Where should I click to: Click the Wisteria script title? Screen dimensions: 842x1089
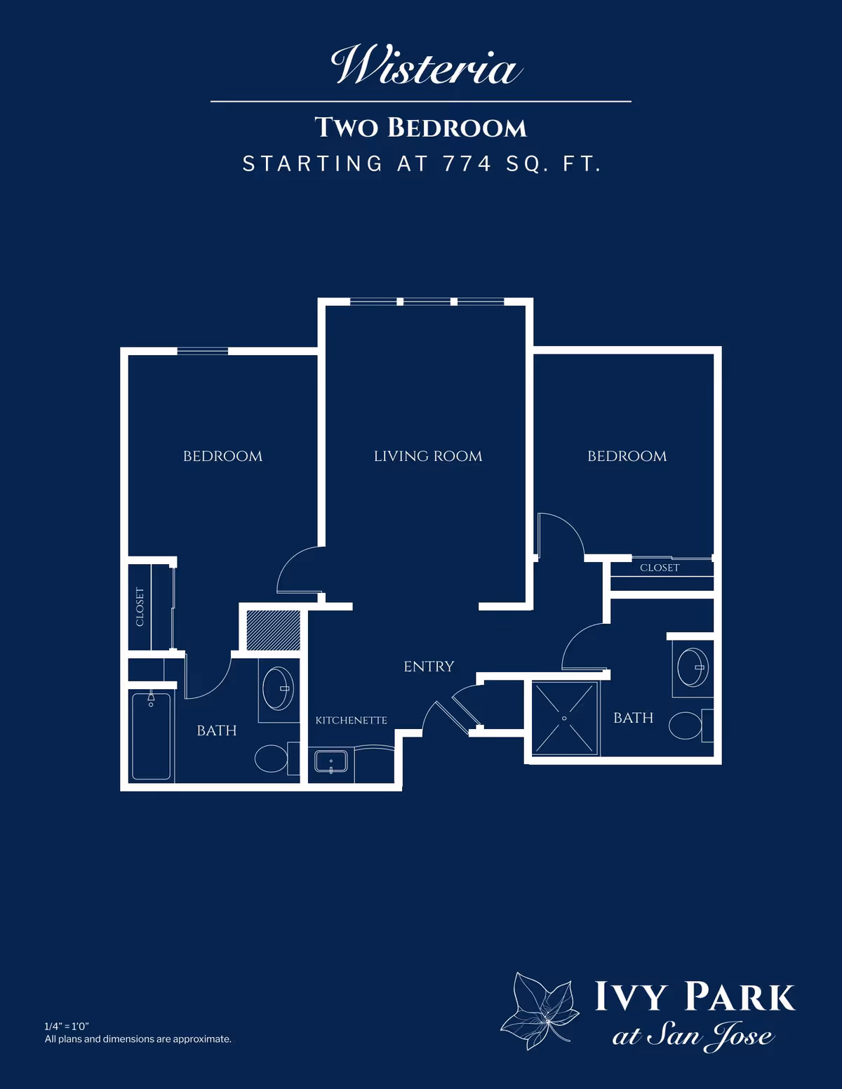[427, 65]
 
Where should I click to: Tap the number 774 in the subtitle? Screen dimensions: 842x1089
[467, 164]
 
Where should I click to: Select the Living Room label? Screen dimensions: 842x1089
[428, 456]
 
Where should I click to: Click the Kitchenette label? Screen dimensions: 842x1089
[351, 720]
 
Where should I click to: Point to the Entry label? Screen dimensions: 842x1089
[429, 667]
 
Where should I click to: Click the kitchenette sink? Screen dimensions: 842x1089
[331, 762]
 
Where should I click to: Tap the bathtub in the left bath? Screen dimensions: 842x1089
[152, 735]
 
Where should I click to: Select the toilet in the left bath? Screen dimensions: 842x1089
[277, 759]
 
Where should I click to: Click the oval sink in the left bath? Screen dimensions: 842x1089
[279, 688]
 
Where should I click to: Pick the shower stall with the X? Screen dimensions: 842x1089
[565, 718]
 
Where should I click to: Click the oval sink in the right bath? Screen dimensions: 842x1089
[693, 667]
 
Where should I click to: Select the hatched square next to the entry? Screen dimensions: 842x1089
[273, 630]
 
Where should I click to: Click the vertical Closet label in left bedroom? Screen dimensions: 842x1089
[140, 607]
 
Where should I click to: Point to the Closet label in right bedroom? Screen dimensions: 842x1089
[660, 568]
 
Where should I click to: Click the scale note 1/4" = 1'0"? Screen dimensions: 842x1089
[67, 1027]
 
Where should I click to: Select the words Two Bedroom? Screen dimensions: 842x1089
[421, 127]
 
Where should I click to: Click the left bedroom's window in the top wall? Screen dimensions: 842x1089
[203, 351]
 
